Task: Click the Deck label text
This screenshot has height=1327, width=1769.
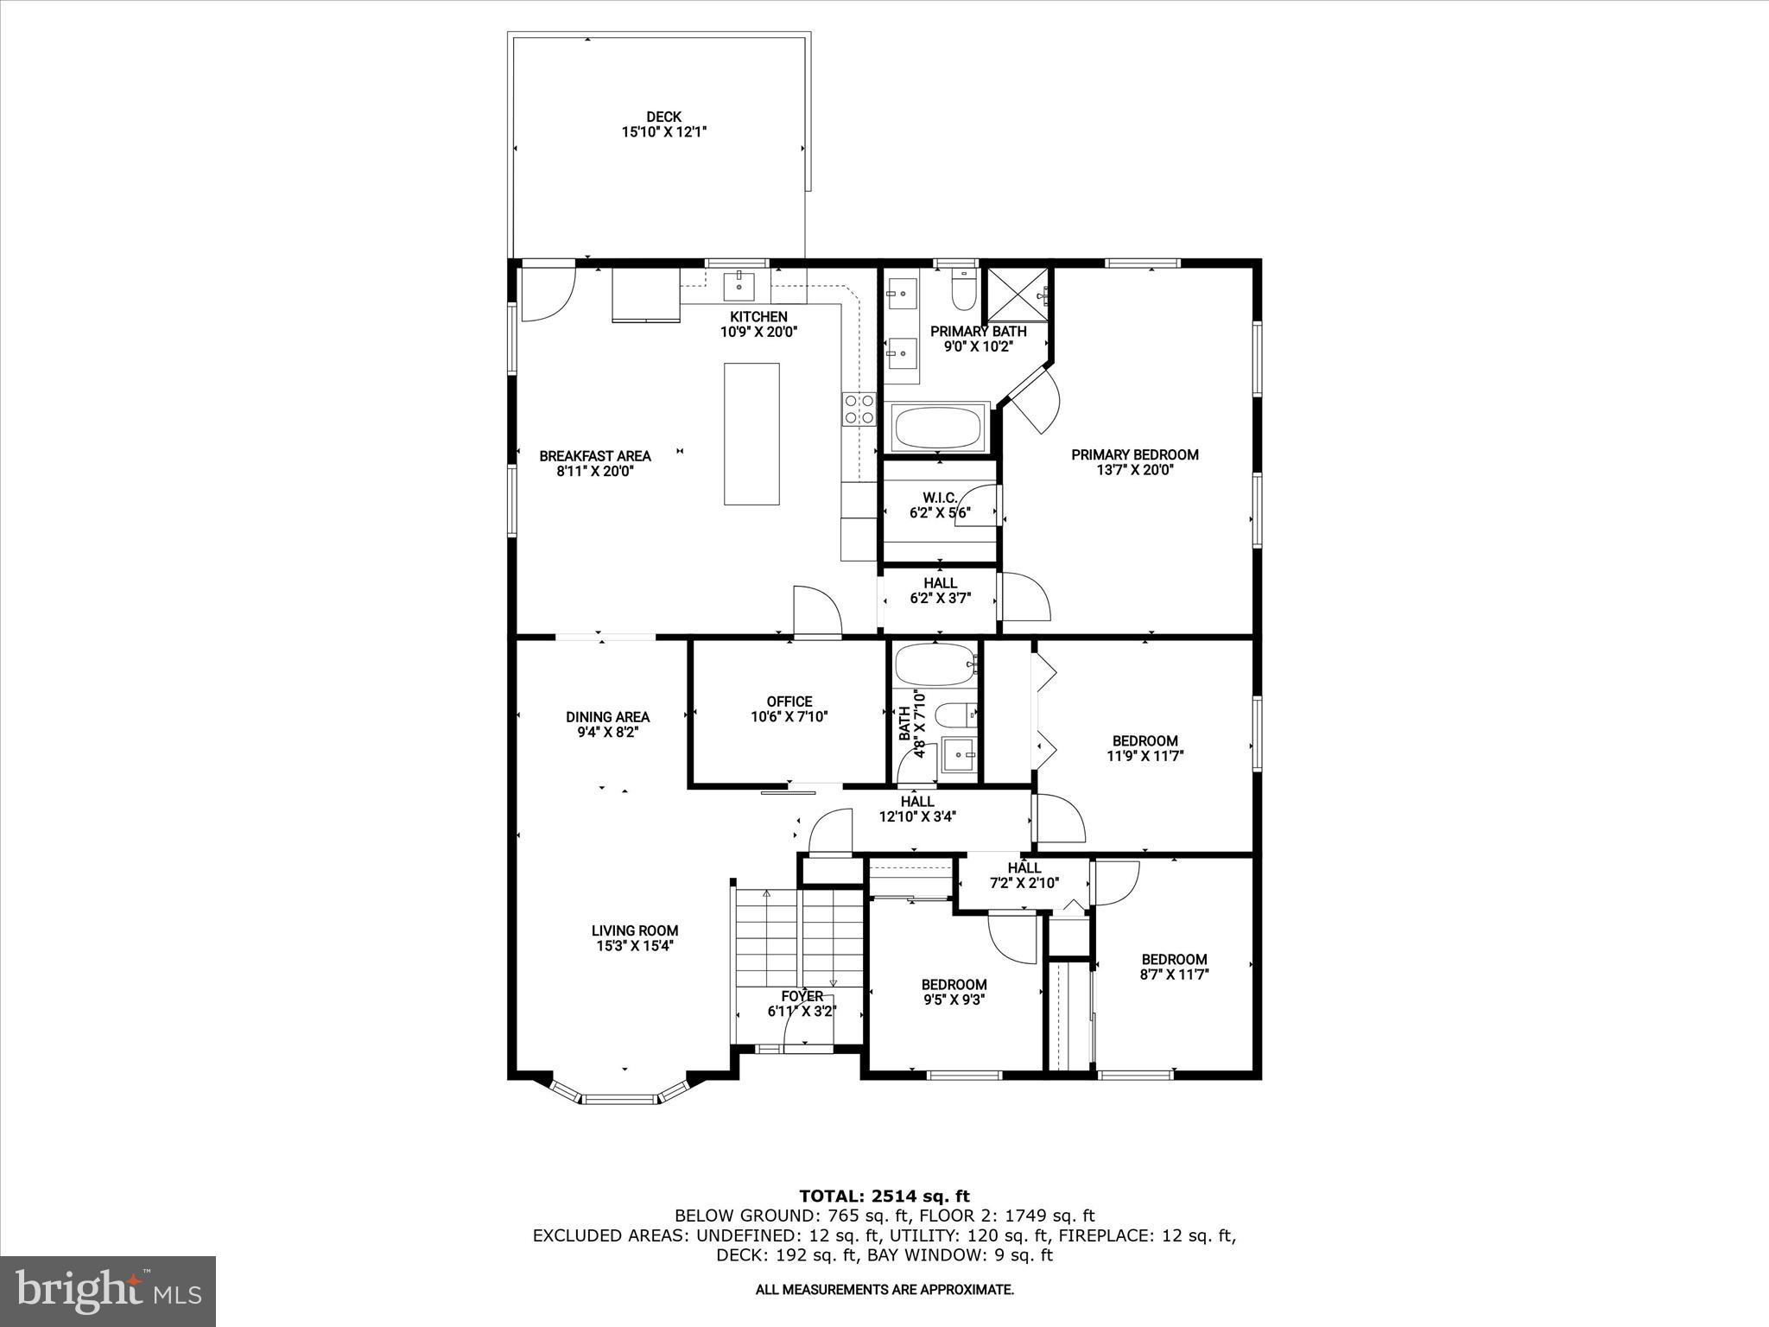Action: pos(663,117)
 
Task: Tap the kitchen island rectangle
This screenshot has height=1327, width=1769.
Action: pos(751,434)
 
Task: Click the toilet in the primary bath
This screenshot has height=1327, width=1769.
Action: pos(963,291)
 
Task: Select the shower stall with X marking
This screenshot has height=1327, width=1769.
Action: pos(1018,296)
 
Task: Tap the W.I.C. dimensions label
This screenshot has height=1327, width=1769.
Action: pos(940,512)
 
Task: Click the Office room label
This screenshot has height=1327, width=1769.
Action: pos(789,702)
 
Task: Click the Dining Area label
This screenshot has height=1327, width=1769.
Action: pos(607,716)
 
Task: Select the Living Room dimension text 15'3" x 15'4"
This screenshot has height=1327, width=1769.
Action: pos(634,946)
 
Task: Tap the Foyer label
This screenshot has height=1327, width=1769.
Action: pos(802,996)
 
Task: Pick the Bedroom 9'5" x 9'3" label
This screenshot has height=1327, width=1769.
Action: pos(954,984)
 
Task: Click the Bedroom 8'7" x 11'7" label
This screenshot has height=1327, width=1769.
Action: pos(1174,959)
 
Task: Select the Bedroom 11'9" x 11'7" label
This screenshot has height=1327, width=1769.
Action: pos(1144,740)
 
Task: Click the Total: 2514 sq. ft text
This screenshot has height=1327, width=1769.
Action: pos(884,1196)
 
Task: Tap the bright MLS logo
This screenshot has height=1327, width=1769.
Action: pos(108,1291)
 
